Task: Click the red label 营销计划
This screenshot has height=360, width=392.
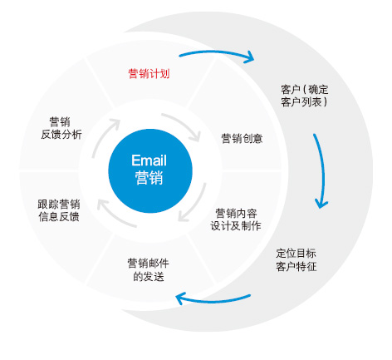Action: click(149, 74)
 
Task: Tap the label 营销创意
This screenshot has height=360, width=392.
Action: click(242, 138)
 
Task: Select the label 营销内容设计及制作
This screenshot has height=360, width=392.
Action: click(236, 219)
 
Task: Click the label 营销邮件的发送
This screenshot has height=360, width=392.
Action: click(149, 269)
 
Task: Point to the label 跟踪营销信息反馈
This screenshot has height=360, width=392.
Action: click(59, 210)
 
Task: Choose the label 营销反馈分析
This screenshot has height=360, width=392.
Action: click(61, 128)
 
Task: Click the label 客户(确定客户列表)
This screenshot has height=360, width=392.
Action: click(305, 96)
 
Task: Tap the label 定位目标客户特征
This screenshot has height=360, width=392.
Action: click(296, 259)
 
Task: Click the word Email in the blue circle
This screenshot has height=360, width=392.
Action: click(149, 160)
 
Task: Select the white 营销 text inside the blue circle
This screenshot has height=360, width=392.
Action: click(149, 178)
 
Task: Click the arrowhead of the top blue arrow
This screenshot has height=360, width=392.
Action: click(249, 57)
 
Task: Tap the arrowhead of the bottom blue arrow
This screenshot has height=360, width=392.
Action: click(180, 298)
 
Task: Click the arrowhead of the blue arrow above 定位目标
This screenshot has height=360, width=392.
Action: click(321, 204)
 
